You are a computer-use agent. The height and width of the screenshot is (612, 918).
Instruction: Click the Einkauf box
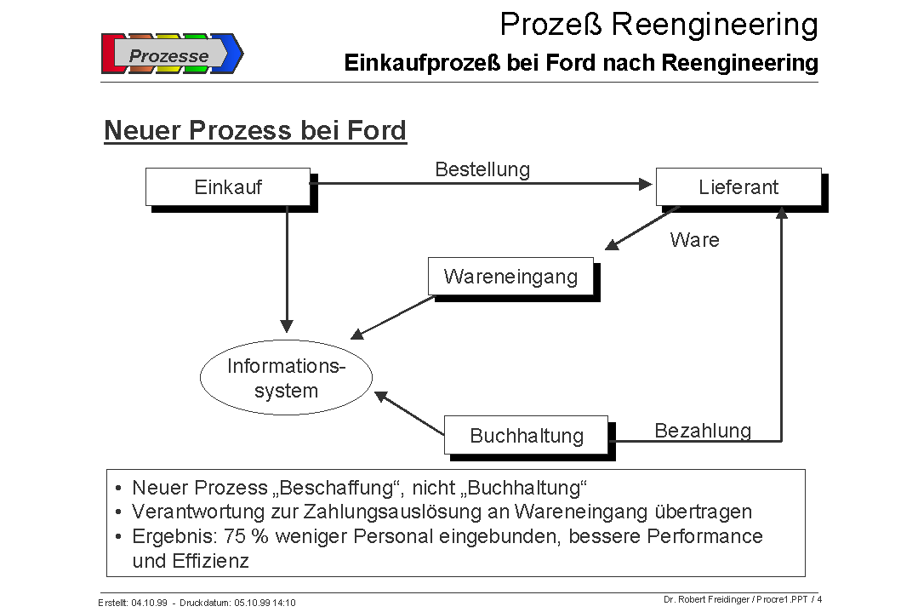pyautogui.click(x=228, y=187)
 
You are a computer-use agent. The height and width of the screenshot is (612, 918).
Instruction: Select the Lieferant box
pyautogui.click(x=738, y=187)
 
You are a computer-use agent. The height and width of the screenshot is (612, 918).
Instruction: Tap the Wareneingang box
pyautogui.click(x=510, y=277)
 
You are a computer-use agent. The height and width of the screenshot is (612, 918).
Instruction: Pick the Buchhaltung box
pyautogui.click(x=526, y=436)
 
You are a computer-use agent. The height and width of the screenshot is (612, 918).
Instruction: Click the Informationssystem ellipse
pyautogui.click(x=286, y=378)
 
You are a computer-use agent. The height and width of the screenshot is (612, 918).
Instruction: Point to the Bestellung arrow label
pyautogui.click(x=482, y=169)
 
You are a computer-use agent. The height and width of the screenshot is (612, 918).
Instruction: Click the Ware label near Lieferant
pyautogui.click(x=694, y=240)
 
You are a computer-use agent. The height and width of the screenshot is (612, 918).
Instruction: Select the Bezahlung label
pyautogui.click(x=703, y=431)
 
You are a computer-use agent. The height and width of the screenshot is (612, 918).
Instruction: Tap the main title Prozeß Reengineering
pyautogui.click(x=659, y=25)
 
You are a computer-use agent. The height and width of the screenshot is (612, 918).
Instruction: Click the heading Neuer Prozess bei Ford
pyautogui.click(x=255, y=131)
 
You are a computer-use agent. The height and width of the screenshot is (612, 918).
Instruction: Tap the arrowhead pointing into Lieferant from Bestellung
pyautogui.click(x=644, y=183)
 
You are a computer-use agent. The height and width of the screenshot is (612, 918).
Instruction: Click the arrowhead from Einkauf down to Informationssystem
pyautogui.click(x=287, y=326)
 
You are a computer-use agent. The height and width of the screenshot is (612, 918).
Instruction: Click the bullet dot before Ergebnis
pyautogui.click(x=117, y=537)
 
